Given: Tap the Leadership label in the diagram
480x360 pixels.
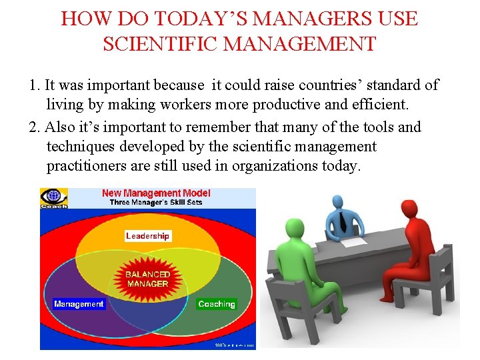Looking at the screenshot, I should [148, 236].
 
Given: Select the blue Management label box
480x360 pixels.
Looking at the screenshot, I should [79, 304].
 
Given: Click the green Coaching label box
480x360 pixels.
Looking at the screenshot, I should [217, 304].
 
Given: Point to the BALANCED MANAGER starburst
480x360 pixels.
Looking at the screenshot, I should [147, 279].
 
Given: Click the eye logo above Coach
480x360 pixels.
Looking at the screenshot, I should [53, 197].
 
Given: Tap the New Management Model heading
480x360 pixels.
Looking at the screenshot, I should [156, 193].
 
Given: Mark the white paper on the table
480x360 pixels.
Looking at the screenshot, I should [356, 231].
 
